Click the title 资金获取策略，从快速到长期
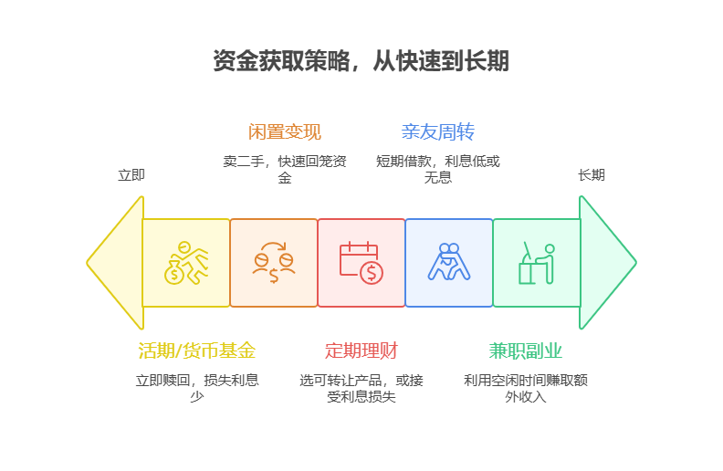[361, 62]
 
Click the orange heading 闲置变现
[285, 132]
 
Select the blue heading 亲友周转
[437, 132]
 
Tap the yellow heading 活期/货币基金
[196, 351]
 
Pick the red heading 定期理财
[361, 351]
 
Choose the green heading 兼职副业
[525, 351]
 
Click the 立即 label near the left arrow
[131, 175]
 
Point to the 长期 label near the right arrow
[591, 175]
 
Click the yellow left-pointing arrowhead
[117, 263]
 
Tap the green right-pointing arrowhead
[606, 263]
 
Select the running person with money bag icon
[186, 263]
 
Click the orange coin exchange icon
[274, 263]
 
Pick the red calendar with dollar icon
[361, 263]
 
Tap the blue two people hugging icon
[448, 263]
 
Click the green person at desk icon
[536, 263]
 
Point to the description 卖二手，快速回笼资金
[285, 169]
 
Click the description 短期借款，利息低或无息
[437, 169]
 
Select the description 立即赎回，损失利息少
[196, 388]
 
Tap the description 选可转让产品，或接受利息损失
[361, 388]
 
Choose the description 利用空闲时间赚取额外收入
[525, 388]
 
